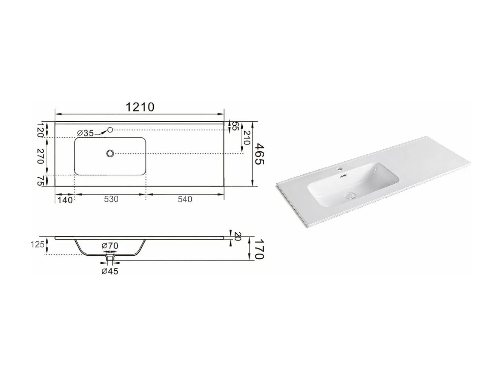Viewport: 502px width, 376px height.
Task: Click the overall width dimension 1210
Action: pos(140,107)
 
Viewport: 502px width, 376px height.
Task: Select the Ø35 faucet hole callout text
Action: pos(85,133)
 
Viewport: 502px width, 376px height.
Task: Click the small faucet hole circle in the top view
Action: pos(110,130)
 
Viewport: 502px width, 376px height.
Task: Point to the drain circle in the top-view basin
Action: pos(110,154)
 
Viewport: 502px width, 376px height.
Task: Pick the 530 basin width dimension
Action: pos(111,199)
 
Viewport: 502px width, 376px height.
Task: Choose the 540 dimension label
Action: pos(185,199)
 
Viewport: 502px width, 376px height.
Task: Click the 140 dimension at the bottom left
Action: pos(65,200)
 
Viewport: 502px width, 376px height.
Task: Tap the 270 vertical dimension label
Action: pos(40,156)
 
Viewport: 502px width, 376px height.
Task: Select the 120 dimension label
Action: pos(40,130)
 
